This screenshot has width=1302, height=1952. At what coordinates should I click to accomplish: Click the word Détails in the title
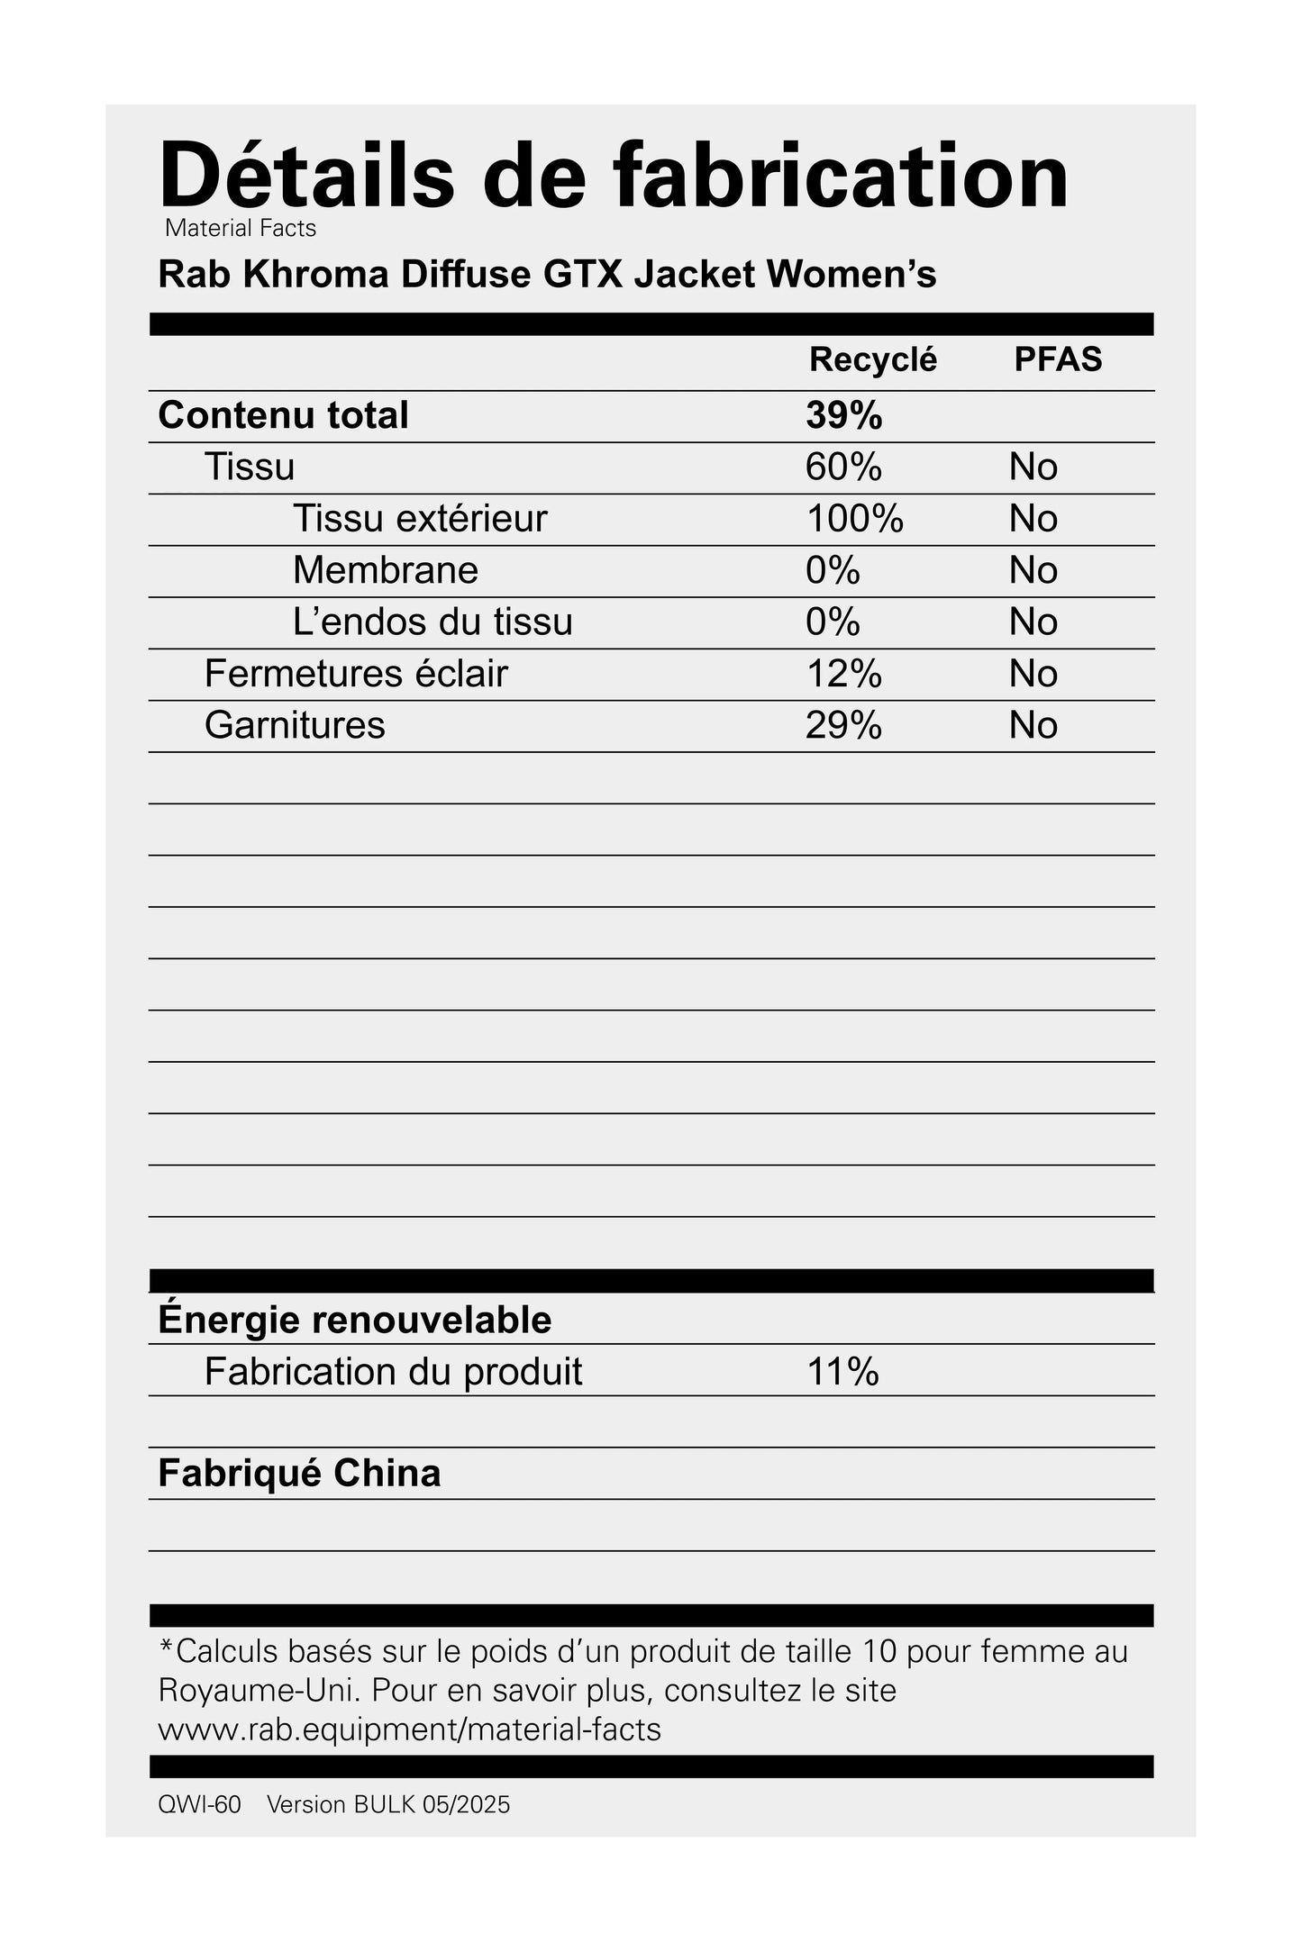tap(306, 176)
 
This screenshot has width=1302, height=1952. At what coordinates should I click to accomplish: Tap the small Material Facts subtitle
tap(241, 229)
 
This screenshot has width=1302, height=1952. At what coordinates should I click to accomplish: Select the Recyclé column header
tap(872, 359)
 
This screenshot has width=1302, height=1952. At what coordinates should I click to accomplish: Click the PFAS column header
tap(1058, 359)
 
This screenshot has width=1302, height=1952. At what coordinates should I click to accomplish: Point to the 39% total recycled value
tap(843, 415)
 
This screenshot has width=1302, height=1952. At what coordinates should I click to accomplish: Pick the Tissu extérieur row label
tap(420, 519)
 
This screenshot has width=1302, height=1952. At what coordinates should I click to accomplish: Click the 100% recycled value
tap(854, 519)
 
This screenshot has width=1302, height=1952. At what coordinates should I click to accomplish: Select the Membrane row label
tap(385, 570)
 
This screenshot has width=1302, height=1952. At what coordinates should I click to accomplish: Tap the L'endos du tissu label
tap(432, 622)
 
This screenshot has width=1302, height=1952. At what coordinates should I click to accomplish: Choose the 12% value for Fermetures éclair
tap(843, 674)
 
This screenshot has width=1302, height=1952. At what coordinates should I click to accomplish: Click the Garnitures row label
tap(295, 725)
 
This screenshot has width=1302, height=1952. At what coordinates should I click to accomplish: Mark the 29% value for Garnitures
tap(843, 725)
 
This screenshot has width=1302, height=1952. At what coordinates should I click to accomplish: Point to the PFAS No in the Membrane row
tap(1033, 570)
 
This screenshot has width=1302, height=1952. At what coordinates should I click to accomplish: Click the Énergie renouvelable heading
tap(354, 1320)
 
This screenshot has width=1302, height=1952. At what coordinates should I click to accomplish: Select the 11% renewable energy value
tap(842, 1372)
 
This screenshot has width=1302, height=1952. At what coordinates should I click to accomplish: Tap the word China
tap(387, 1474)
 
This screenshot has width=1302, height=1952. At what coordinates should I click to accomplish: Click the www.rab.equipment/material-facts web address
tap(409, 1730)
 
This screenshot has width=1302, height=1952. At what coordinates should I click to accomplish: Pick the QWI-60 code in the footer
tap(199, 1805)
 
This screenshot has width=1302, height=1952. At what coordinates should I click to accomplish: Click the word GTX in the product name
tap(583, 275)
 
